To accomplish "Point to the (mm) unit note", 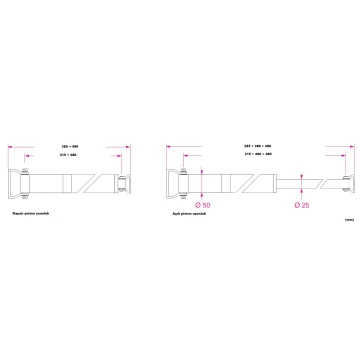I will pos(346,217).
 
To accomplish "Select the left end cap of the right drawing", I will pos(176,186).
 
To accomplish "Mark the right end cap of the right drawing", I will pos(345,186).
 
